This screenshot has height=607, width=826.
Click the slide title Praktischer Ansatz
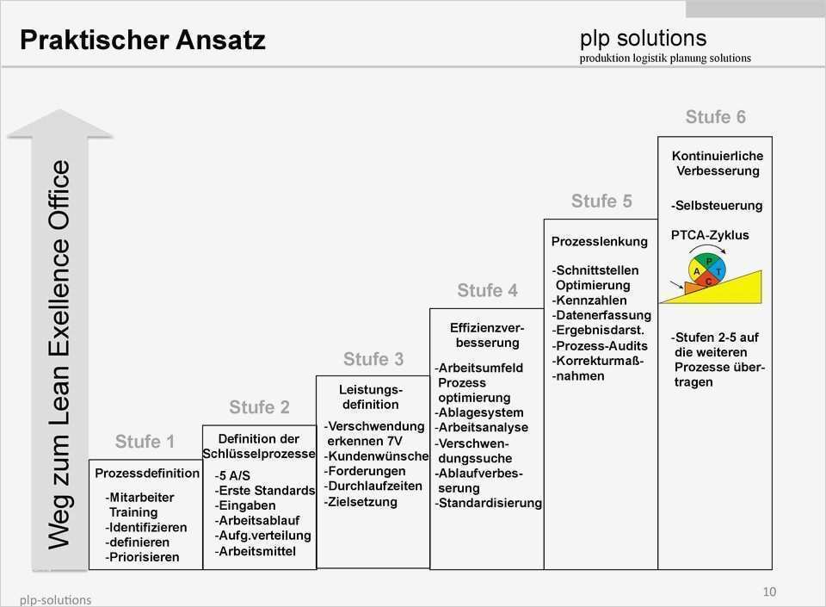coord(143,40)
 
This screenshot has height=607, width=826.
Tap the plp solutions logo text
coord(643,38)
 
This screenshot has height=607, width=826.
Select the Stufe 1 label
coord(145,442)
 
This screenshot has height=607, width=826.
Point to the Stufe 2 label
coord(259,407)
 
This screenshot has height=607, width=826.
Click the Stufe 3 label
coord(373,359)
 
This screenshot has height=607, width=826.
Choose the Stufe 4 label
coord(487,291)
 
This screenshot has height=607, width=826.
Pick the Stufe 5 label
coord(601,201)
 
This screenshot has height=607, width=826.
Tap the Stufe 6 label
coord(715,117)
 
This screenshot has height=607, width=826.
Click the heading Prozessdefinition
coord(147,474)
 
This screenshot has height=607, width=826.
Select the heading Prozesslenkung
coord(599,242)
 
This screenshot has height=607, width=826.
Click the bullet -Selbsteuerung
coord(717,207)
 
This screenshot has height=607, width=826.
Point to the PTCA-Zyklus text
coord(710,235)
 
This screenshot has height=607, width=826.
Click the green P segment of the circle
coord(709,260)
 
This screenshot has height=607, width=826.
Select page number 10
coord(769,592)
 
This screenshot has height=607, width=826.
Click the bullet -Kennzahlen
coord(589,300)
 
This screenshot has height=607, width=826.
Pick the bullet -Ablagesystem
coord(479,412)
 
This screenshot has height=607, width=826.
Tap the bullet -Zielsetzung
coord(361,502)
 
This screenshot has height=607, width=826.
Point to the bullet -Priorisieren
coord(143,557)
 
